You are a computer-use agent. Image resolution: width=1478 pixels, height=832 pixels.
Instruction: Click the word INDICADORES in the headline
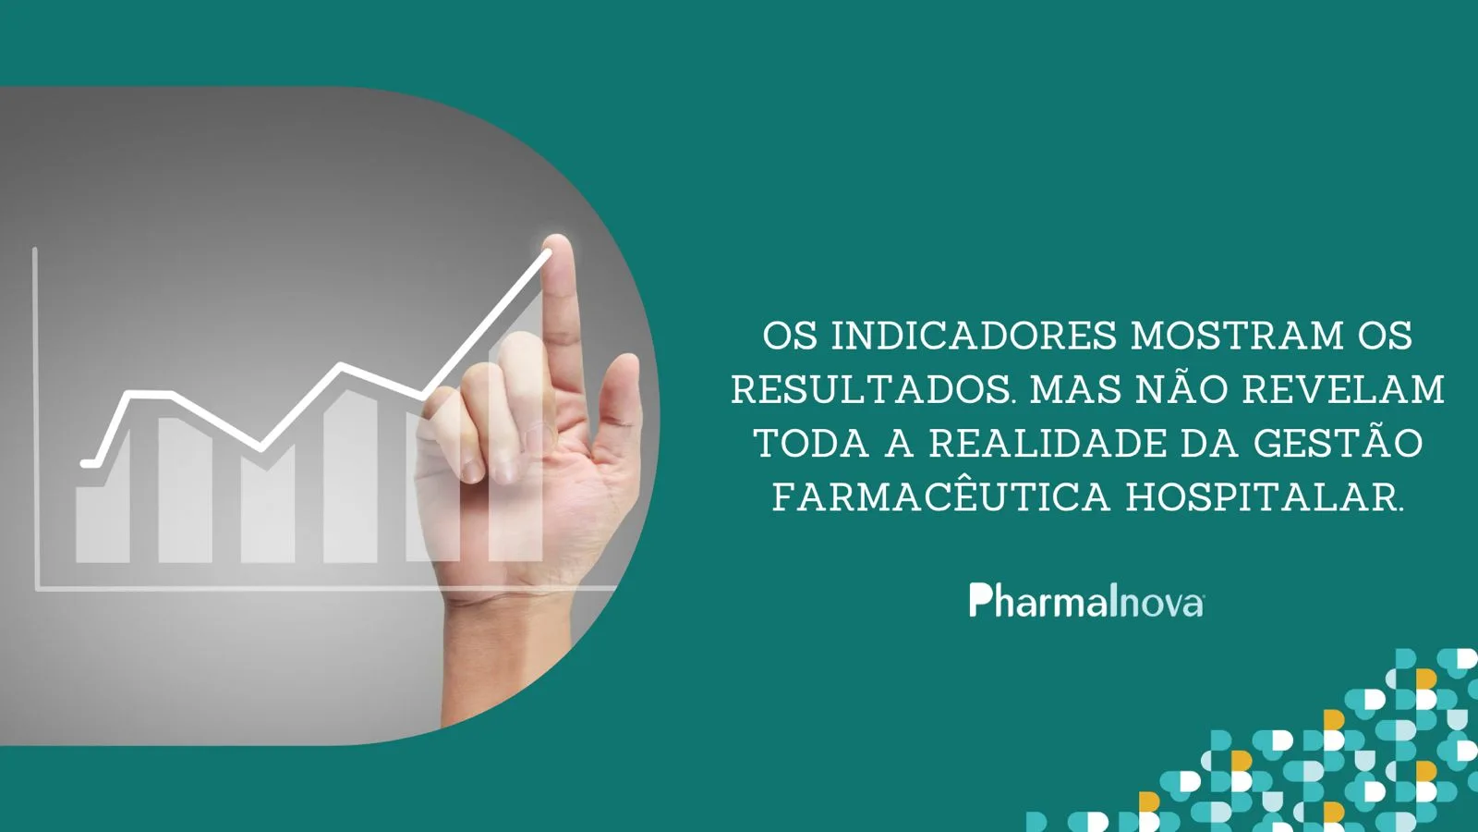(x=974, y=336)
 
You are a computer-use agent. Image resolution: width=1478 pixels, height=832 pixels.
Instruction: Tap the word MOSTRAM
(x=1238, y=336)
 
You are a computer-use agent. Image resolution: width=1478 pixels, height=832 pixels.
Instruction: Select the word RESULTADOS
(x=871, y=389)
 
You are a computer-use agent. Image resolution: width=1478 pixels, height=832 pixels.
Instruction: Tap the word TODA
(x=811, y=444)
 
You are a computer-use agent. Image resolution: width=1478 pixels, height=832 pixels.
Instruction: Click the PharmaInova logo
(x=1086, y=600)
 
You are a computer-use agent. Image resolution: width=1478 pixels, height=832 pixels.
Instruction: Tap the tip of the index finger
(x=558, y=241)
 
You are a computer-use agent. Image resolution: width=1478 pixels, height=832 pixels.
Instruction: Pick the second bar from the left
(x=185, y=490)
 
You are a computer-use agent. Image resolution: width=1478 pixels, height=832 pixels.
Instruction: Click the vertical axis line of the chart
(x=36, y=417)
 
